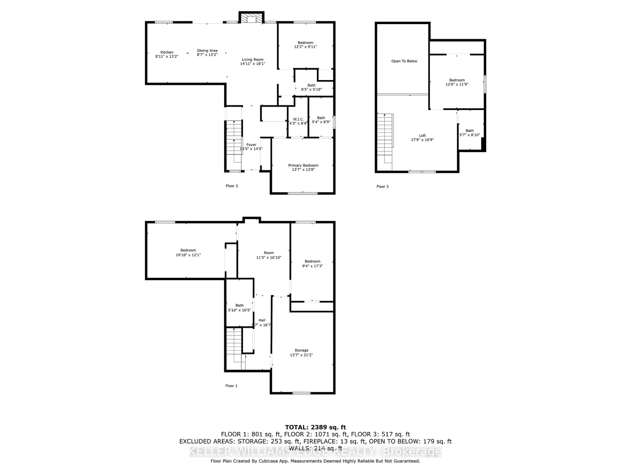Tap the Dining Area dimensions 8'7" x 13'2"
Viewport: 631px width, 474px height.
207,55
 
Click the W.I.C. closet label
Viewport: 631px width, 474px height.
298,119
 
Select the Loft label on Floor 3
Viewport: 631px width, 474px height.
422,135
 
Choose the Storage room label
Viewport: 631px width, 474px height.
302,350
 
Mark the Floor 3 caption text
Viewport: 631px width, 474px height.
383,187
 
